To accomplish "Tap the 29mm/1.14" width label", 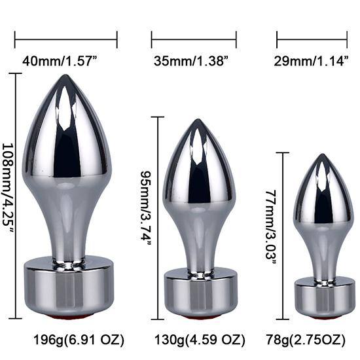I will (x=313, y=62).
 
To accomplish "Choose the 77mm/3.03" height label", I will (x=270, y=225).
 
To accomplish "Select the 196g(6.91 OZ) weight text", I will (x=79, y=340).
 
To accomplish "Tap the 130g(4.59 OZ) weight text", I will (x=200, y=340).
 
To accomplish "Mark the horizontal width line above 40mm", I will (x=65, y=39).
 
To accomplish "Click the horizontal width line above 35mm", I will (x=194, y=39).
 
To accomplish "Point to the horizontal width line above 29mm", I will (x=311, y=39).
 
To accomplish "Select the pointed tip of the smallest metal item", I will (x=322, y=156).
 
